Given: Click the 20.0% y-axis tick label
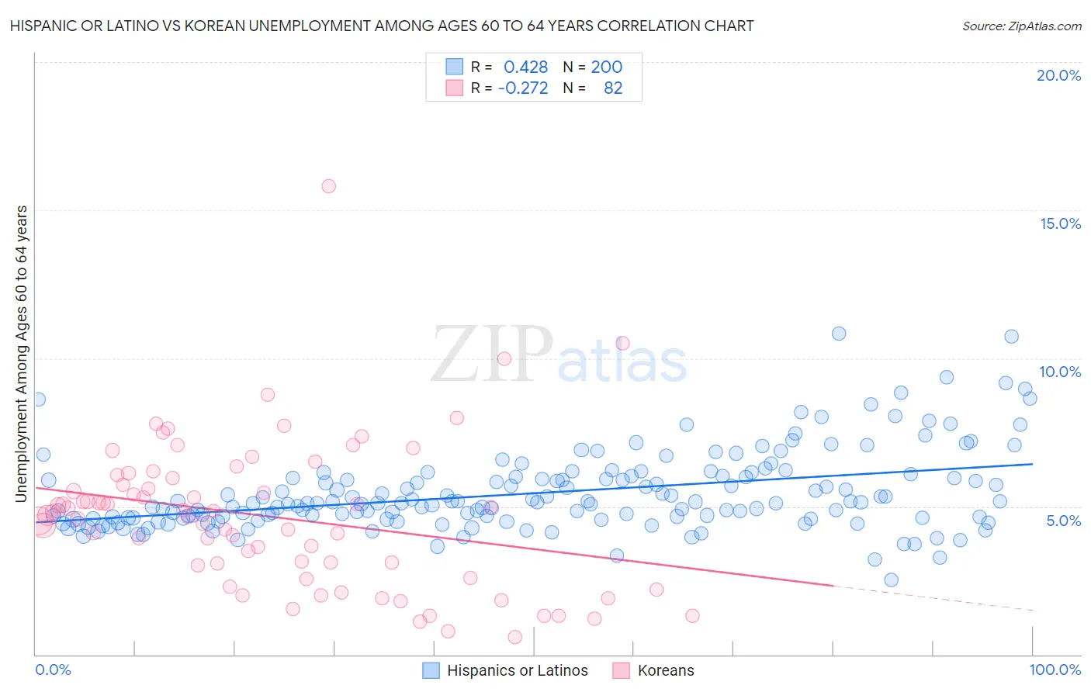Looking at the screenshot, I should click(1058, 75).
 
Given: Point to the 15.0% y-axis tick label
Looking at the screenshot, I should click(1060, 223).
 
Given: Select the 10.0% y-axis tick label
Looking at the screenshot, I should click(1060, 372).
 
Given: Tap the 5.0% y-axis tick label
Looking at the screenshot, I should click(1063, 521).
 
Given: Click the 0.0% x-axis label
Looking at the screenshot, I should click(53, 670).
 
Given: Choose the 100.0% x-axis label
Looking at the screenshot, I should click(1055, 670).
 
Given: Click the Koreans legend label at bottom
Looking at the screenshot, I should click(666, 670).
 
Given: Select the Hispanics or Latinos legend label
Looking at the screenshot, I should click(518, 670).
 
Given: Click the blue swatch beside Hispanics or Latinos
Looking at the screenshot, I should click(431, 670).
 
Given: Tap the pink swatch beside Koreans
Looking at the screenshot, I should click(621, 670).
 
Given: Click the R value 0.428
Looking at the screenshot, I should click(525, 67).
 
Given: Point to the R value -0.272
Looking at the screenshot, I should click(523, 88).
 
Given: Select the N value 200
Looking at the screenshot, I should click(606, 67).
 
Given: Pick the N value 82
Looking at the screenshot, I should click(613, 88).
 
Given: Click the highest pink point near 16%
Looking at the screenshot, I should click(328, 186).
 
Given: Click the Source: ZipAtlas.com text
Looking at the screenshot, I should click(1021, 26).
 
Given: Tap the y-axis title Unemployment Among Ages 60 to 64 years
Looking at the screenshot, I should click(22, 353).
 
